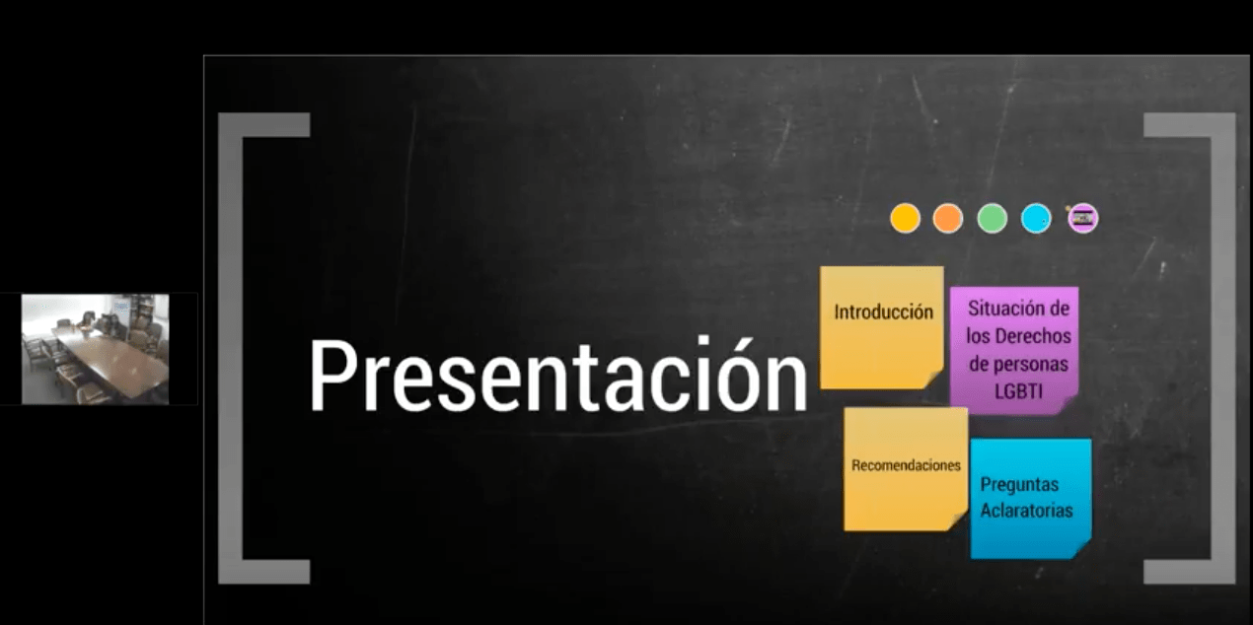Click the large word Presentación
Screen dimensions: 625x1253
(x=557, y=376)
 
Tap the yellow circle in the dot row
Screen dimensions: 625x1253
(x=905, y=218)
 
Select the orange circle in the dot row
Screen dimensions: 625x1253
(x=948, y=218)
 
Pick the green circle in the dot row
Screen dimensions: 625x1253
(x=992, y=218)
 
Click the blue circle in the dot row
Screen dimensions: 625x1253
(x=1036, y=218)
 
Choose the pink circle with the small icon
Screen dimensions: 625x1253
(x=1083, y=218)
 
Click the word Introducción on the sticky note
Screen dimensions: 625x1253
(x=883, y=312)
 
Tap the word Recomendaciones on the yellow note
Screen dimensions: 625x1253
(x=906, y=465)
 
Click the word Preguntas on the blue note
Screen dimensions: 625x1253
(x=1019, y=485)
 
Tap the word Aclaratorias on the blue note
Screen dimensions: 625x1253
(x=1026, y=511)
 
